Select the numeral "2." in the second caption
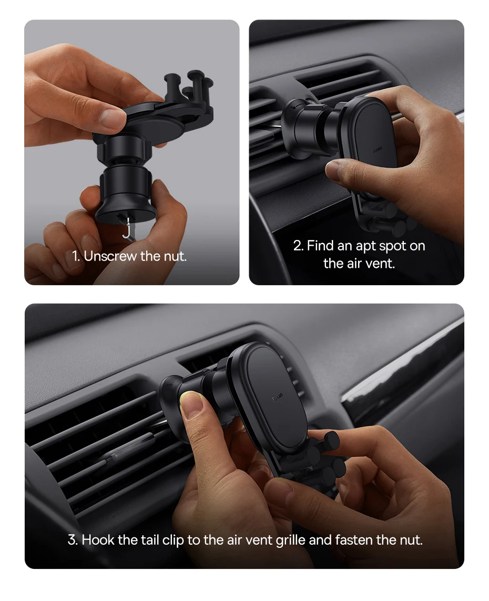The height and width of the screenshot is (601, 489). [x=299, y=246]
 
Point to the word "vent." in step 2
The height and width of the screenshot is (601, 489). [x=380, y=263]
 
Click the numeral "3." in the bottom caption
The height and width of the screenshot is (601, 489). [x=73, y=539]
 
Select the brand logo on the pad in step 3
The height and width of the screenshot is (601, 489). [x=277, y=397]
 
